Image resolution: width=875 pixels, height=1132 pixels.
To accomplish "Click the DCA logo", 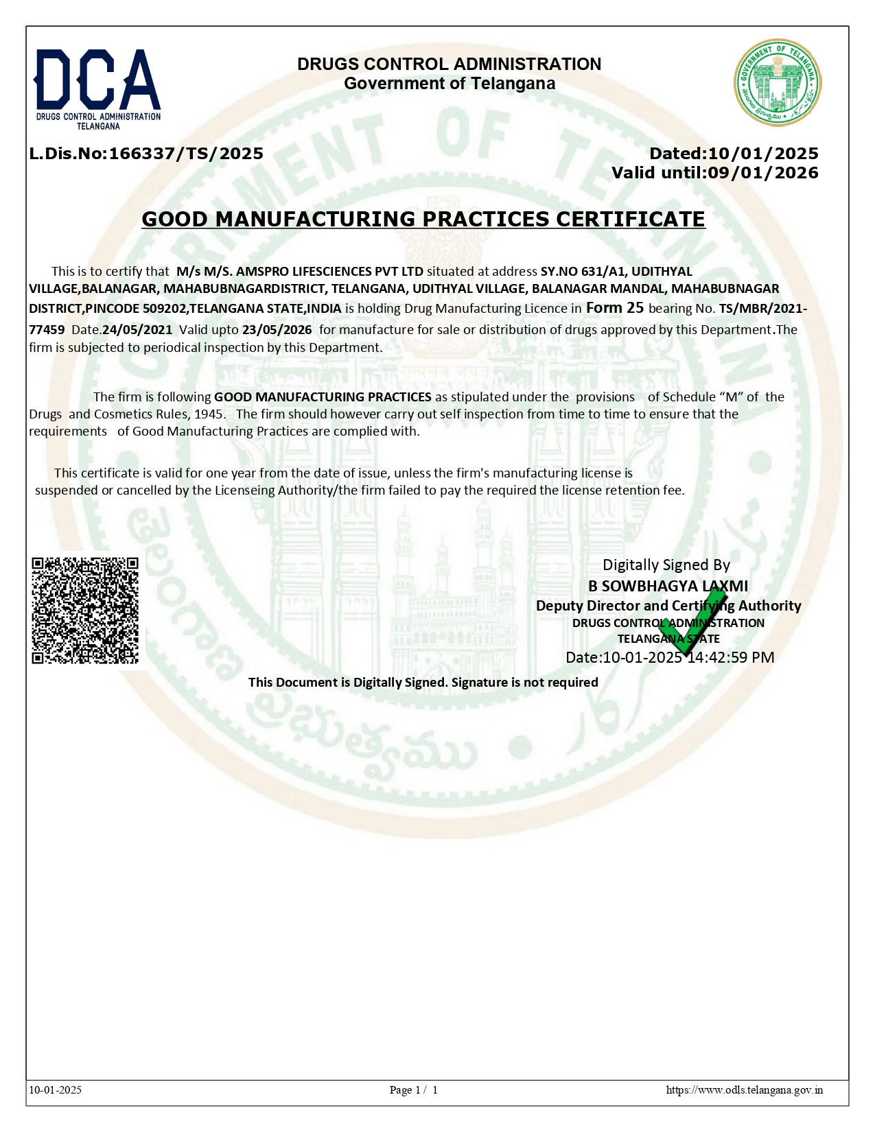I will point(97,88).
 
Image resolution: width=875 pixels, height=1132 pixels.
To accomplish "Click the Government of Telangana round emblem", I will point(777,82).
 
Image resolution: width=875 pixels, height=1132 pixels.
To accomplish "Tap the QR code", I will point(85,610).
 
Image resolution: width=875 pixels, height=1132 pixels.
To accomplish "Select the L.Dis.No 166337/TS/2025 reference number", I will point(146,154).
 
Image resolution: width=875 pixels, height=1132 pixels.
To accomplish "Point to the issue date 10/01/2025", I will point(763,154).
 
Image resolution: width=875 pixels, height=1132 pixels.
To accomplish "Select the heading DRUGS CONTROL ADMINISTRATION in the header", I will point(449,64).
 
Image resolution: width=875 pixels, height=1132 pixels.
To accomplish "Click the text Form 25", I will point(615,308).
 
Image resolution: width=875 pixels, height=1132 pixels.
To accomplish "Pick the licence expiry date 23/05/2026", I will point(277,330).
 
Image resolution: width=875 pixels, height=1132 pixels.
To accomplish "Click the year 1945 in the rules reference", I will point(209,414).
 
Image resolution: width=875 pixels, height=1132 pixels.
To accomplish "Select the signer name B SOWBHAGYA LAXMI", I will point(668,586).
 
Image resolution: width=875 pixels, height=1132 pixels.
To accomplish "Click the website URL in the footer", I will point(745,1090).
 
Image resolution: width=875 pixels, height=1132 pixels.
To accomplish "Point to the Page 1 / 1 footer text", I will point(413,1090).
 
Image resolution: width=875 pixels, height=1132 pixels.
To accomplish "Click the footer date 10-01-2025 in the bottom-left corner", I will point(56,1090).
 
